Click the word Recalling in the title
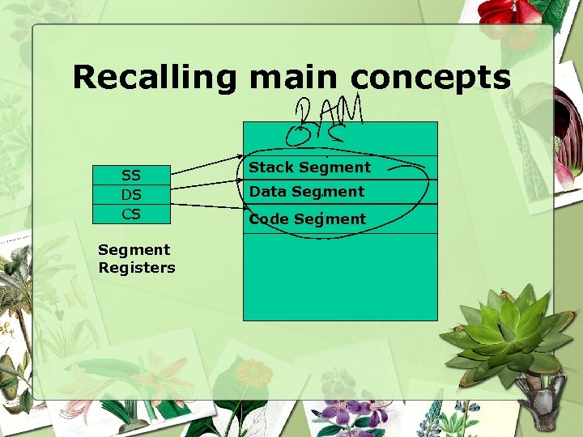point(154,78)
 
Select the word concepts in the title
point(430,78)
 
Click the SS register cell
point(130,176)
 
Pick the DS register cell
point(130,195)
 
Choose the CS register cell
point(130,214)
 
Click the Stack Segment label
point(309,168)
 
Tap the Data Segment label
point(306,192)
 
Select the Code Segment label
point(307,218)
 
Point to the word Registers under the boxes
point(137,268)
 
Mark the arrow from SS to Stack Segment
point(207,164)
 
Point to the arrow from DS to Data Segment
point(207,186)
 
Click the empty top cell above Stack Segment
point(340,138)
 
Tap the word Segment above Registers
point(134,250)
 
